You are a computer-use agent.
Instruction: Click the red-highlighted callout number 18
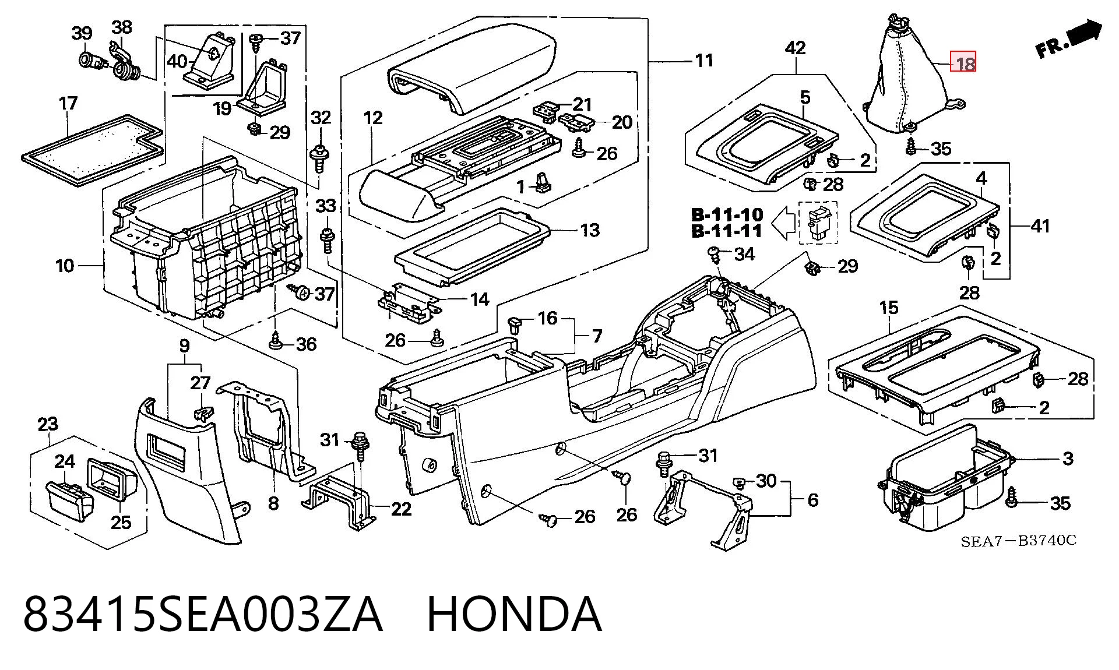pos(963,62)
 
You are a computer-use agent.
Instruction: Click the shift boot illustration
pos(909,76)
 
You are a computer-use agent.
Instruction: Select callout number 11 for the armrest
pos(704,60)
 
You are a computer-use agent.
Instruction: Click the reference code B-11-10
pos(727,214)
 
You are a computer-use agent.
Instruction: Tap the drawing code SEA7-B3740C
pos(1018,541)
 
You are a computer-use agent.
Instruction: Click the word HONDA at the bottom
pos(514,613)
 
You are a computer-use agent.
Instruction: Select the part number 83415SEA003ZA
pos(203,613)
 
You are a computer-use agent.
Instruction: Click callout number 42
pos(796,48)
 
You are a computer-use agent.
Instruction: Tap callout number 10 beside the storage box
pos(65,266)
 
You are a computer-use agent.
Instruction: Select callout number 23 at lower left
pos(48,424)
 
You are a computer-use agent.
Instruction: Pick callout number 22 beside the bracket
pos(401,509)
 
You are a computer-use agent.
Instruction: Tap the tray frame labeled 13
pos(472,248)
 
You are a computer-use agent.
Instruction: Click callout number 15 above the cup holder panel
pos(889,308)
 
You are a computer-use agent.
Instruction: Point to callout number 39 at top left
pos(82,33)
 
